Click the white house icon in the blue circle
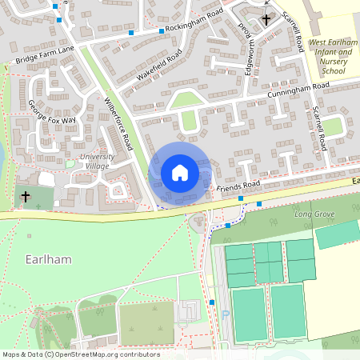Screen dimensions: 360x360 [179, 172]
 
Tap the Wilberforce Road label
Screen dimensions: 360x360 [118, 123]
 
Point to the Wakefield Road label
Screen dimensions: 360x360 [159, 64]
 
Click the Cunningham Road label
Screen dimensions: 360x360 [298, 89]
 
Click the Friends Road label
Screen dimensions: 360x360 [238, 186]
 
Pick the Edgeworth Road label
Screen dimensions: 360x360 [242, 38]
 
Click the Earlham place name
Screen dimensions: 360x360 [32, 260]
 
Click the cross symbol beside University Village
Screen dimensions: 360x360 [26, 195]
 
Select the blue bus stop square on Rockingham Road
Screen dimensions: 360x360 [161, 30]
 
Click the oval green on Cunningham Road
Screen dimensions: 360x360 [189, 120]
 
